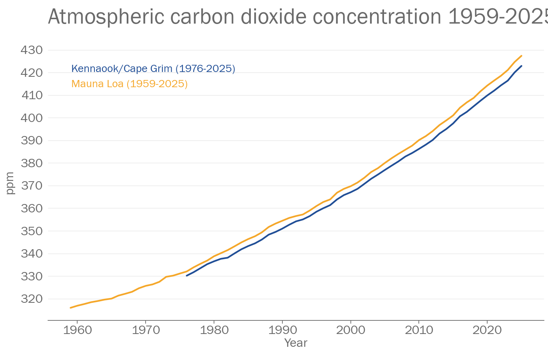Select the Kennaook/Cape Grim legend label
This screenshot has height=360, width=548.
pyautogui.click(x=153, y=69)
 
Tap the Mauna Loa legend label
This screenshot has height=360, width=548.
pyautogui.click(x=129, y=84)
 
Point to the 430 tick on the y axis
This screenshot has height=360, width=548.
pyautogui.click(x=31, y=50)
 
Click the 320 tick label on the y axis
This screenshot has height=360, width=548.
pyautogui.click(x=31, y=299)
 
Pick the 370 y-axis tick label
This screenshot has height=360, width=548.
pyautogui.click(x=31, y=186)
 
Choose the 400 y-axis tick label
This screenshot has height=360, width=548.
pyautogui.click(x=31, y=118)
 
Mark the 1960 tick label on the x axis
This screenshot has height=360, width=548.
pyautogui.click(x=77, y=330)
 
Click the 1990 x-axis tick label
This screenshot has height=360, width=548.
pyautogui.click(x=282, y=330)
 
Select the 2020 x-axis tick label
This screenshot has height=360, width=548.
pyautogui.click(x=487, y=330)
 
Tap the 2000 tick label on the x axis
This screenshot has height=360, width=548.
pyautogui.click(x=351, y=330)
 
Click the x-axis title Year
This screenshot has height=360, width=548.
pyautogui.click(x=296, y=343)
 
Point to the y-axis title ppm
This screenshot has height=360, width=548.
pyautogui.click(x=10, y=183)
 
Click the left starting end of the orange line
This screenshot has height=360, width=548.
pyautogui.click(x=70, y=308)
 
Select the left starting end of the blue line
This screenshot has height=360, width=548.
pyautogui.click(x=186, y=276)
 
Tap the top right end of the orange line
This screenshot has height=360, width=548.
pyautogui.click(x=522, y=56)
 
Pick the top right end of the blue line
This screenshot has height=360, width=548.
pyautogui.click(x=522, y=66)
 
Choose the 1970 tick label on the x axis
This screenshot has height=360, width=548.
pyautogui.click(x=146, y=330)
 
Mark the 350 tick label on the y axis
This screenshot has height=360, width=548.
pyautogui.click(x=31, y=231)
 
